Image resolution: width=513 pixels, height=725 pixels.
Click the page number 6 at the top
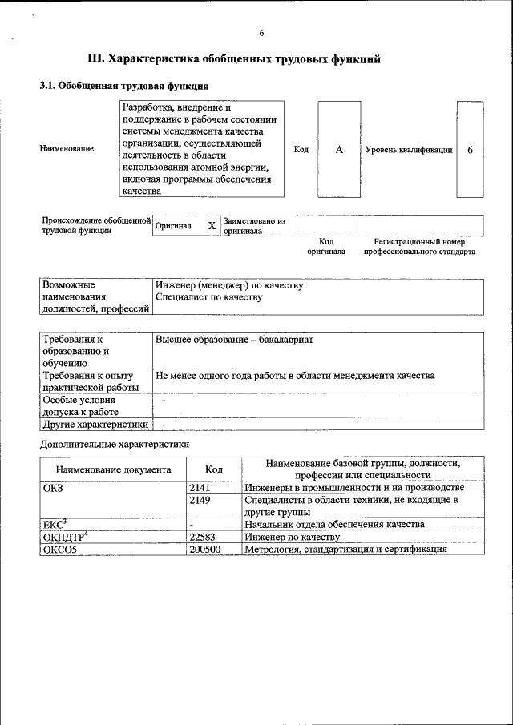click(261, 33)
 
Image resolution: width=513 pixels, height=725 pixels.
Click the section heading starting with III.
click(232, 58)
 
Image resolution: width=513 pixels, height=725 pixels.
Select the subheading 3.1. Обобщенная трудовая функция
click(125, 86)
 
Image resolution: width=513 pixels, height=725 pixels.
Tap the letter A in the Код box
click(339, 150)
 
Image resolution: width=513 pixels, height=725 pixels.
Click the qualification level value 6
click(470, 150)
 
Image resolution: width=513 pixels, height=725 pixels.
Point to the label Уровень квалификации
click(409, 150)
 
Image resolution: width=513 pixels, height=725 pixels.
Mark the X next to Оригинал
click(212, 226)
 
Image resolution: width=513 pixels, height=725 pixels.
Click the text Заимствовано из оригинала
click(255, 226)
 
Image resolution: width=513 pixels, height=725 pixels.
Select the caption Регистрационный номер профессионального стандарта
click(419, 246)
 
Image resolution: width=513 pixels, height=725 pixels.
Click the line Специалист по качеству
click(209, 297)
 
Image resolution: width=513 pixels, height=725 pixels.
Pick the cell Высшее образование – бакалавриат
click(234, 340)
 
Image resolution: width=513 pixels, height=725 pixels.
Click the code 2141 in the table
click(200, 487)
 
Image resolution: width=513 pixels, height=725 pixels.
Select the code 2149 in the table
click(200, 500)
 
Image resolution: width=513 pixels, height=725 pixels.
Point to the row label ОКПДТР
click(63, 537)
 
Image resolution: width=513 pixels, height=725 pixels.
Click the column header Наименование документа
click(113, 469)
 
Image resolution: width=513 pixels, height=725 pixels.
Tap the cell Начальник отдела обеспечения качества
click(333, 525)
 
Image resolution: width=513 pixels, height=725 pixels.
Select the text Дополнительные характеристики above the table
click(114, 443)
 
